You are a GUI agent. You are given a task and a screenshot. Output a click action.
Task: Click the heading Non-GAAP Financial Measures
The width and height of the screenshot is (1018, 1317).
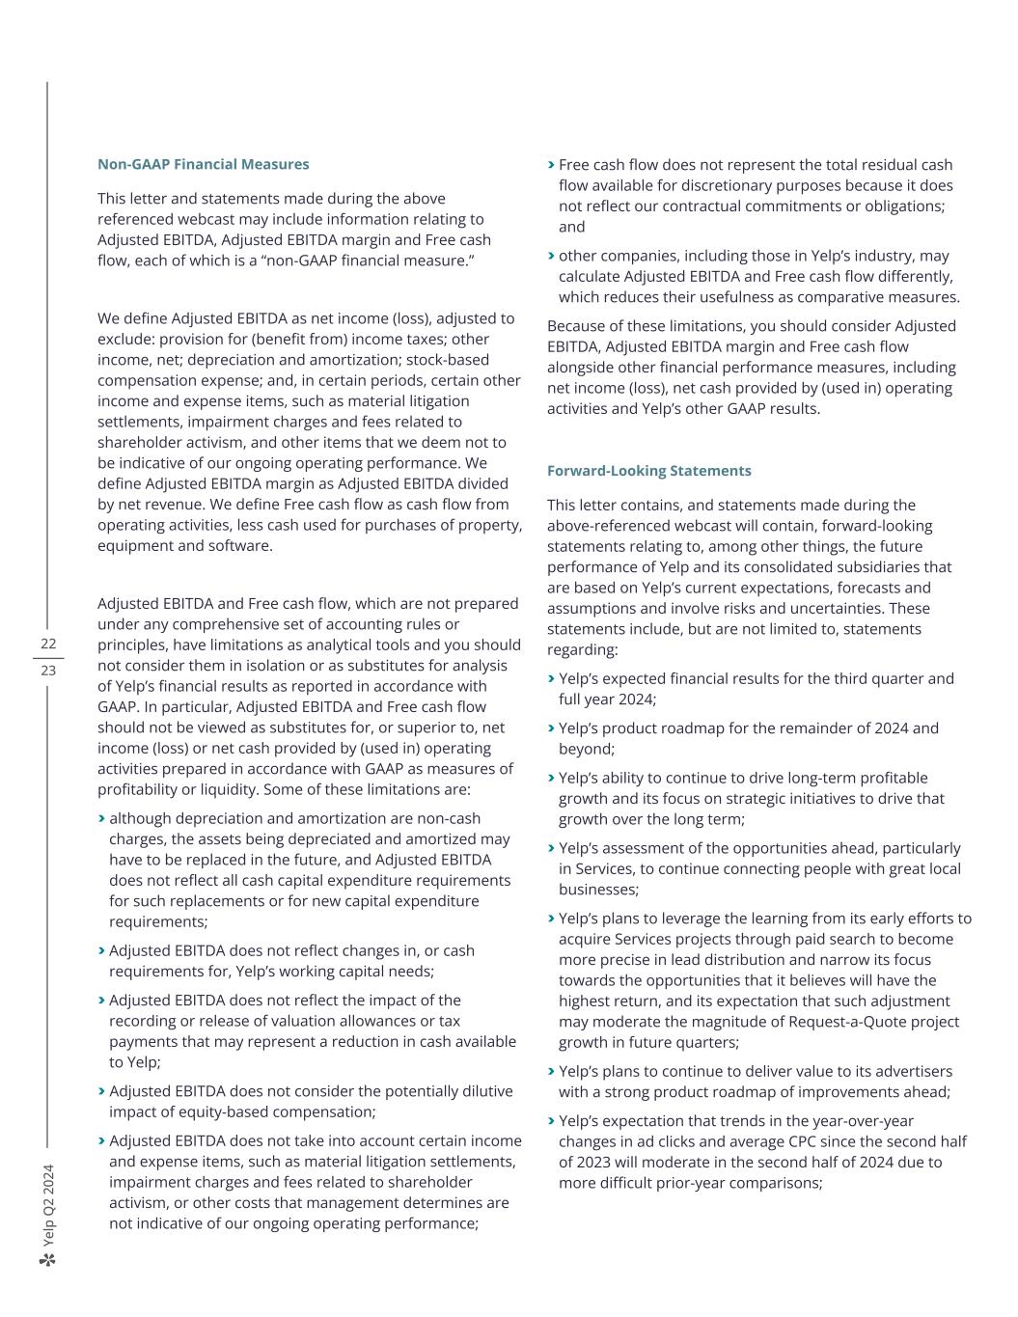tap(203, 164)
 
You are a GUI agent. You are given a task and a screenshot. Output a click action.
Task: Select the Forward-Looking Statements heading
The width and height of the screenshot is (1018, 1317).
tap(648, 471)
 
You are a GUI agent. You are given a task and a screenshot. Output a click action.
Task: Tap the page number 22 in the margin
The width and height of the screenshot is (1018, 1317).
tap(48, 644)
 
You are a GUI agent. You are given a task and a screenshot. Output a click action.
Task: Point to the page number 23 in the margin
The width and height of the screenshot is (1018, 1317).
tap(48, 671)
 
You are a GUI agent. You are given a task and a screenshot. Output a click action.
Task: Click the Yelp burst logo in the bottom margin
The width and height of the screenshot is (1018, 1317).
tap(48, 1259)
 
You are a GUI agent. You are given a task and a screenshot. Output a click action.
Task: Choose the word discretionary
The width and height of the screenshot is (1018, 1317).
tap(736, 185)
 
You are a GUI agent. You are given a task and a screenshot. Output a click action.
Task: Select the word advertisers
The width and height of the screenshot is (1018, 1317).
tap(905, 1071)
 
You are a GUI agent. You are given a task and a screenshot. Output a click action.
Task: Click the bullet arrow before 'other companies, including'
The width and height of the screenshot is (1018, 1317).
tap(551, 256)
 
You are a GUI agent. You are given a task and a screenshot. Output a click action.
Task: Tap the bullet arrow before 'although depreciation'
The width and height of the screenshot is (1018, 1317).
tap(101, 818)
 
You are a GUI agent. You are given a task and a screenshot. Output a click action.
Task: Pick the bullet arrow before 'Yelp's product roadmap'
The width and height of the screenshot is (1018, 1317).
tap(551, 728)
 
